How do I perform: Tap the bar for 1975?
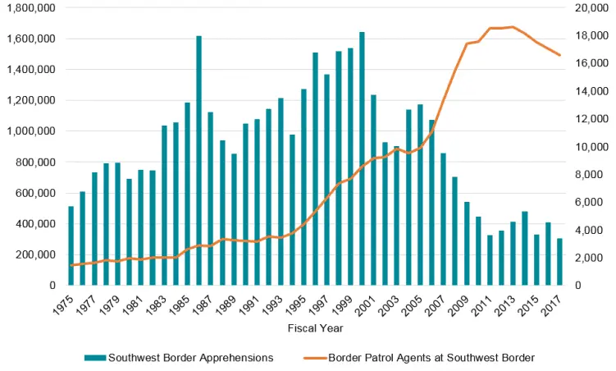(x=71, y=245)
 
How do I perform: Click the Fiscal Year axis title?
(x=315, y=329)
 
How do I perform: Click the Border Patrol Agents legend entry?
(x=431, y=357)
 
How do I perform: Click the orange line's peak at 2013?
(x=513, y=27)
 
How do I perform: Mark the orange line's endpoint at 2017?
(x=560, y=55)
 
